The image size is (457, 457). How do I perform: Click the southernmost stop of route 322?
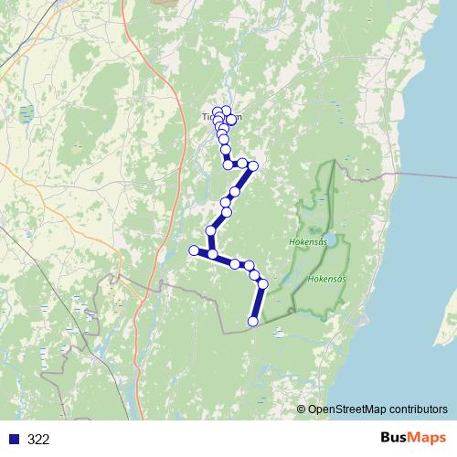point(253,320)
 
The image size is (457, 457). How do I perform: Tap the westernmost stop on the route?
point(194,250)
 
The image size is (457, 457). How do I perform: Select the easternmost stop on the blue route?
point(263,284)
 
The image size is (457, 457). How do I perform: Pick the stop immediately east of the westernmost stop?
point(213,255)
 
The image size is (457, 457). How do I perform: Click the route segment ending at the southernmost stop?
point(259,302)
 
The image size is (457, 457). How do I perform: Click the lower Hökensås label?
point(326,278)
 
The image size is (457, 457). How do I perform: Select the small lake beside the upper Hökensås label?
point(336,240)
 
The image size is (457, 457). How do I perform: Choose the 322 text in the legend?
point(38,439)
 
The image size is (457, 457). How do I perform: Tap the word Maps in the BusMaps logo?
point(428,438)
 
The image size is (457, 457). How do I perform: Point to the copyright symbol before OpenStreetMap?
point(302,409)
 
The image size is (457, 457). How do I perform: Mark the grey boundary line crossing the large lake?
point(430,174)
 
